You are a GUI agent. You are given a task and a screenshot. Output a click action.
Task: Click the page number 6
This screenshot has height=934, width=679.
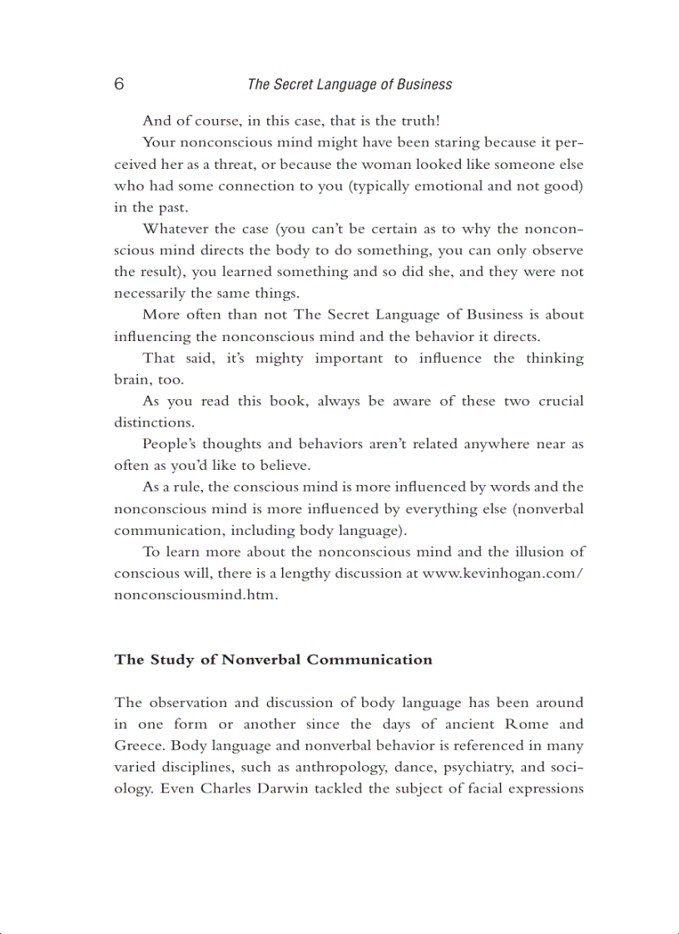tap(119, 84)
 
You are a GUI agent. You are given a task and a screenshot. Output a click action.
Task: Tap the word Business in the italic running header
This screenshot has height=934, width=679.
tap(424, 84)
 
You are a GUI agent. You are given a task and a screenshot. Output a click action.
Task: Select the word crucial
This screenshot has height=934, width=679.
tap(558, 401)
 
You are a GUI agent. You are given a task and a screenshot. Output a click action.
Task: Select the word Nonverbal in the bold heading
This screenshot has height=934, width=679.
tap(262, 660)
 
